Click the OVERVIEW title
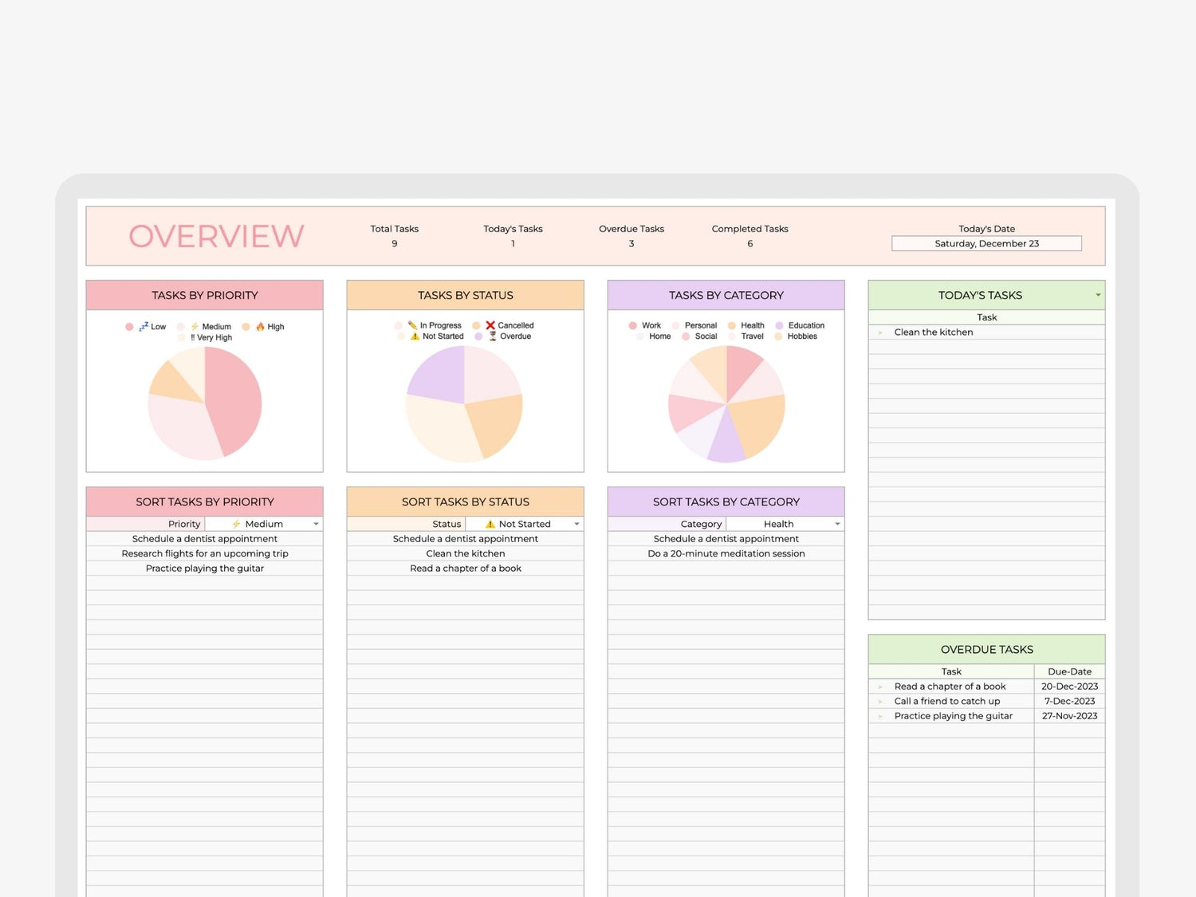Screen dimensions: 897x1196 [216, 236]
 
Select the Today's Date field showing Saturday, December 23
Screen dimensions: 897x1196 [986, 243]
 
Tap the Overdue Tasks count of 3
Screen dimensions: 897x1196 [631, 244]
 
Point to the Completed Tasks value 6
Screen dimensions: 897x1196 [749, 244]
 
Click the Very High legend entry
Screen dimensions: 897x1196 [211, 338]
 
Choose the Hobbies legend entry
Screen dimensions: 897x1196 [801, 336]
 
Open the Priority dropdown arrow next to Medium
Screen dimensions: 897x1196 [317, 524]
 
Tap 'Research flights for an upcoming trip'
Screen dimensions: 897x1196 [205, 553]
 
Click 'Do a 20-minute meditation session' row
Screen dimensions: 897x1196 [726, 553]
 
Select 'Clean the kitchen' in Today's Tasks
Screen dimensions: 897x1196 [934, 332]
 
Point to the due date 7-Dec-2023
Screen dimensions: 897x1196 [1069, 701]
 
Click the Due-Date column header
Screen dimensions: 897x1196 [1069, 671]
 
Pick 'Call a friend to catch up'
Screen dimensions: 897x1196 [946, 701]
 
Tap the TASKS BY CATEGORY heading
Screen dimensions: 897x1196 [726, 295]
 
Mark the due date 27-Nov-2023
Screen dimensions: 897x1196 [1069, 716]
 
